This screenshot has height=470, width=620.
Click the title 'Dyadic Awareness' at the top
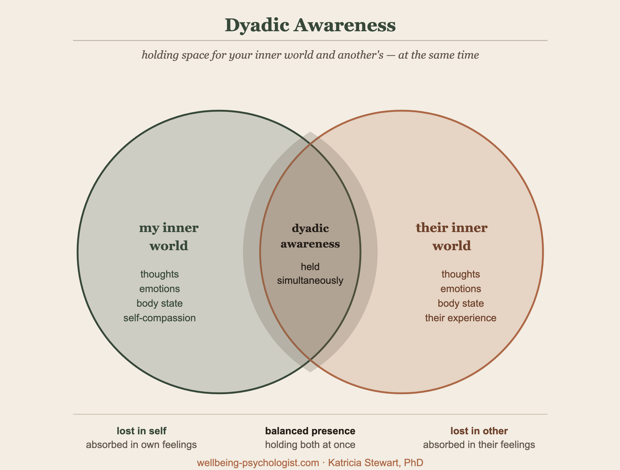[310, 25]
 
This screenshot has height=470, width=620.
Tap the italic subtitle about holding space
[310, 55]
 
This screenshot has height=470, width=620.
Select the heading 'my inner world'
[169, 237]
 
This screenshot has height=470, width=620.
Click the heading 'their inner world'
[451, 237]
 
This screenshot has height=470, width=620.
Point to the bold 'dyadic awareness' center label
[310, 236]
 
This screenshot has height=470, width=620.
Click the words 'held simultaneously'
[310, 273]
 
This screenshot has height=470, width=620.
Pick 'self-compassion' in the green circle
[160, 318]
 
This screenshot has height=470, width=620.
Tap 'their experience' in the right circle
[461, 318]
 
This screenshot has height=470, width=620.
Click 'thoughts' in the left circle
[160, 274]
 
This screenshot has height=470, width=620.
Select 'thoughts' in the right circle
[461, 274]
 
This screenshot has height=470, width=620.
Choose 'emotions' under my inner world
[160, 289]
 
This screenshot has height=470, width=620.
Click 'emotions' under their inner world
[461, 289]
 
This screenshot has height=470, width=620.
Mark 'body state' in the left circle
[160, 303]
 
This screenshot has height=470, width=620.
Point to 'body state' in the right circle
[461, 303]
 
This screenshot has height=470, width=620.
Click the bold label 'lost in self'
[141, 431]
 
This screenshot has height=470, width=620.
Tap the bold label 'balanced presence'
[310, 431]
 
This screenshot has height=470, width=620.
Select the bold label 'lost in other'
[479, 431]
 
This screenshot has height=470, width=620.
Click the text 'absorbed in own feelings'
[141, 445]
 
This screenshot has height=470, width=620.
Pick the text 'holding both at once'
[310, 445]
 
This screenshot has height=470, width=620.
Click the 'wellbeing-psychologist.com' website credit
[258, 463]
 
